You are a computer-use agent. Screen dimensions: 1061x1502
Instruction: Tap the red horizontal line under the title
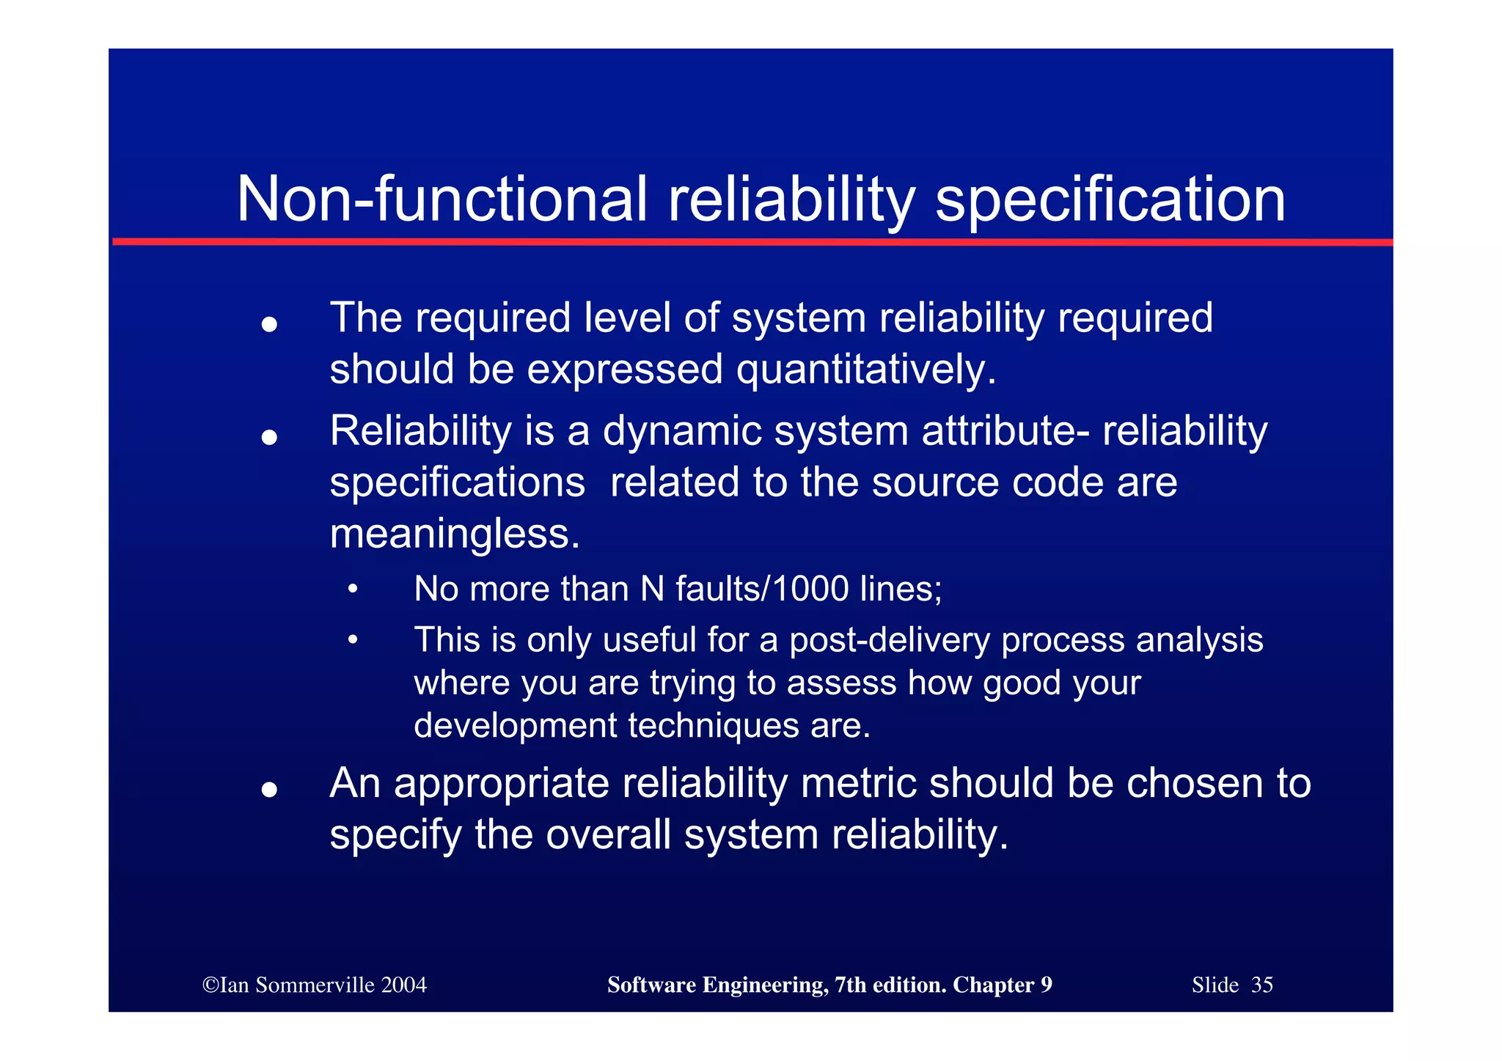coord(752,241)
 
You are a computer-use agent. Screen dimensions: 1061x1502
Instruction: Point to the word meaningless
coord(454,534)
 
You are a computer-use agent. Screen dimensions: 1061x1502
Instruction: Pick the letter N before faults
coord(652,589)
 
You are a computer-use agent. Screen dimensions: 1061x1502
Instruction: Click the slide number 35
coord(1261,985)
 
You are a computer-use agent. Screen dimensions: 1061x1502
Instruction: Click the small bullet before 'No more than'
coord(353,589)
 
